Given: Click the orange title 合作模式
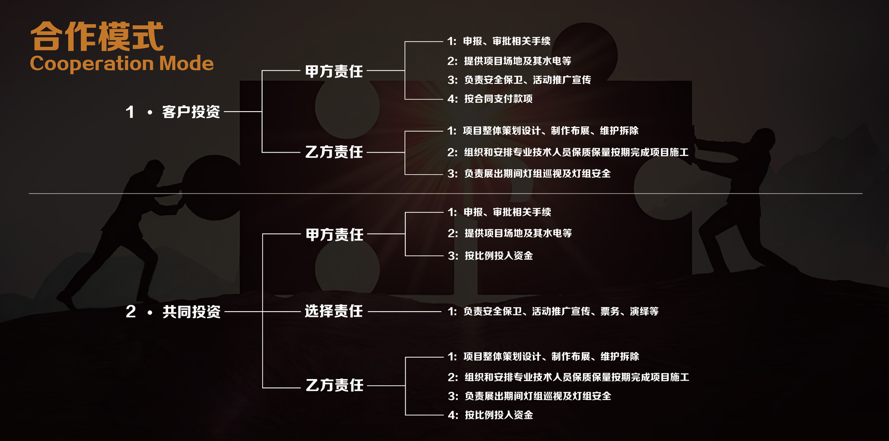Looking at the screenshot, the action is point(97,36).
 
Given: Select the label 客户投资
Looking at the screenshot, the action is point(191,112).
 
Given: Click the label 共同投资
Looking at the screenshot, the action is point(191,312).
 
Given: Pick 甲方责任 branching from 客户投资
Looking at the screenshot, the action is point(334,71).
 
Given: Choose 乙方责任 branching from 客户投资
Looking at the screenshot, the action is point(334,152).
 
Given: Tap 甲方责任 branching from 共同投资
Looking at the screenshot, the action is point(335,234).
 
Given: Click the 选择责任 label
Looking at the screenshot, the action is point(334,311).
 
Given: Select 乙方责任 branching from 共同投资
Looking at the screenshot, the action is point(335,385).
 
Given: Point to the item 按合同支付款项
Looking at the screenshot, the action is point(490,99).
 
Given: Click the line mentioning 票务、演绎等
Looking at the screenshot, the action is point(553,311).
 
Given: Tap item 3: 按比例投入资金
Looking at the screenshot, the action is point(490,255).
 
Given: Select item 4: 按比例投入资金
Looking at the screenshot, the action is point(490,415).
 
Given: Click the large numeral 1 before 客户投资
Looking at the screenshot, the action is point(130,112).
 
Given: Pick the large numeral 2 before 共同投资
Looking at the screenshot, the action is point(131,312).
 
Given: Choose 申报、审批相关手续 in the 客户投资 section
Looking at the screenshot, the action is point(499,41).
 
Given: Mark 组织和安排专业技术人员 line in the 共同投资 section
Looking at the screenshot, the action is point(568,377).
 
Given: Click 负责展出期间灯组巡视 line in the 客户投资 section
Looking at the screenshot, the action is point(529,174).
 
